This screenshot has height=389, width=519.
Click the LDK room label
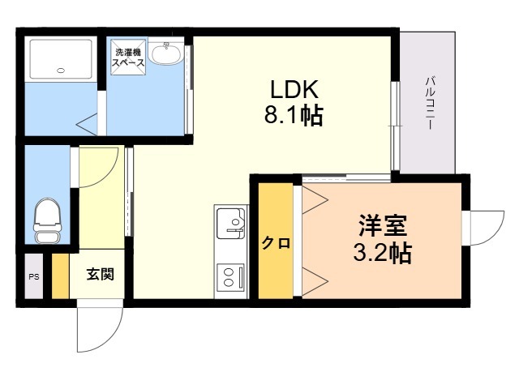(294, 89)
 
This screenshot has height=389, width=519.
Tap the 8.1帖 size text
(294, 114)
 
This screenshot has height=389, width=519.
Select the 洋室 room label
(383, 225)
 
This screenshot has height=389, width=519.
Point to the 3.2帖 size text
(383, 253)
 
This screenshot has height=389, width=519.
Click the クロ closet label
(276, 243)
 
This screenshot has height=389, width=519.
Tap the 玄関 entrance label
(101, 274)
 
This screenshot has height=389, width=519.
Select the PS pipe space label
(34, 277)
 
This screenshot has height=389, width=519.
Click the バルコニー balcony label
(431, 103)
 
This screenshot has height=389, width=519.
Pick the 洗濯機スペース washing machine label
(128, 58)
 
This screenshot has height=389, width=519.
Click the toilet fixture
(48, 220)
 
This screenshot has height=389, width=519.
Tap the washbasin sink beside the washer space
(165, 53)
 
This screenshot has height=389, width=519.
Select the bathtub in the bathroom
(61, 59)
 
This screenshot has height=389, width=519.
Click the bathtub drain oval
(61, 71)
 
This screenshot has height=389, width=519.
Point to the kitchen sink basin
(231, 223)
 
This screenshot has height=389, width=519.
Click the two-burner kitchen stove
(230, 277)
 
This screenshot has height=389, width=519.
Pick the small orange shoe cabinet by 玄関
(60, 276)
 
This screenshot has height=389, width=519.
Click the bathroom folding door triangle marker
(87, 124)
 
